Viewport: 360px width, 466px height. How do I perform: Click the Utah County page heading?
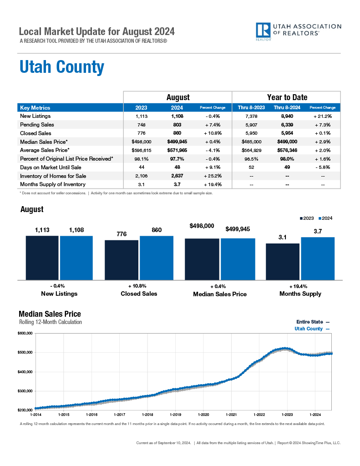pos(61,67)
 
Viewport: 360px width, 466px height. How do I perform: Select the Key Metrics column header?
pos(35,108)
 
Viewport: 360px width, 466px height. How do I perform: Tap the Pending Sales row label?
pos(37,125)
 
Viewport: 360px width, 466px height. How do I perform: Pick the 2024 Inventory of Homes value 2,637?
pos(177,176)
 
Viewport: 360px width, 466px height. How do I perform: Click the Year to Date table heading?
pos(287,97)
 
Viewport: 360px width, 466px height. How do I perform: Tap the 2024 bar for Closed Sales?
pos(157,258)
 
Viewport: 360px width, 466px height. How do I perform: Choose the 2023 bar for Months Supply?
pos(283,261)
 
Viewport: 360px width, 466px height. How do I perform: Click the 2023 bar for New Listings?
pos(42,258)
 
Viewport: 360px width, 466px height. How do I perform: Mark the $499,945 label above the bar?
pos(238,229)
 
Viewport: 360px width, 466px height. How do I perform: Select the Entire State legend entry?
pos(313,322)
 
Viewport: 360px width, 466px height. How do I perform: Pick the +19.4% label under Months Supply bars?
pos(298,286)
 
